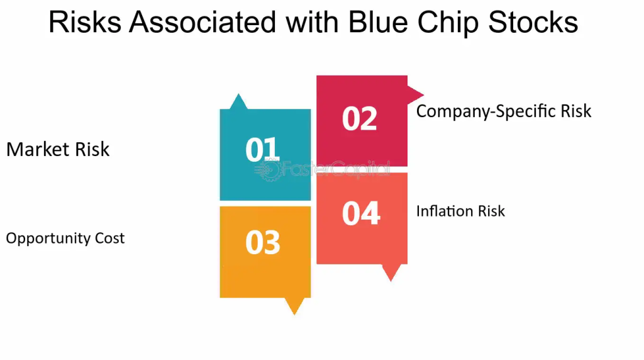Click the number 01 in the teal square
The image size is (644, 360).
(x=262, y=149)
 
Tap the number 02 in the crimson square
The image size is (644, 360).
(x=359, y=119)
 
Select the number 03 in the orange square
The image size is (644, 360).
(x=263, y=242)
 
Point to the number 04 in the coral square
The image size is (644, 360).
(x=361, y=213)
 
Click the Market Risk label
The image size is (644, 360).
(x=58, y=149)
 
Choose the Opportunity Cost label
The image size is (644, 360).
(x=65, y=239)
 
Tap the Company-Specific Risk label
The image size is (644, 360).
(x=504, y=111)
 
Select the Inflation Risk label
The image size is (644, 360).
(x=460, y=211)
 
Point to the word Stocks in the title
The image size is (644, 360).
(x=533, y=22)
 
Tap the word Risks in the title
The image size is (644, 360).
(x=85, y=22)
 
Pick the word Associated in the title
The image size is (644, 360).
(x=203, y=22)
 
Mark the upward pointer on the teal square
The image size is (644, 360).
(x=238, y=101)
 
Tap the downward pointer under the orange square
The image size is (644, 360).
(x=294, y=306)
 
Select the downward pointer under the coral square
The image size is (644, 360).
(x=391, y=273)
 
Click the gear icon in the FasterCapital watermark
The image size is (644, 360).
(x=270, y=170)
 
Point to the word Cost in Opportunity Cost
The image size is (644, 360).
(x=109, y=239)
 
